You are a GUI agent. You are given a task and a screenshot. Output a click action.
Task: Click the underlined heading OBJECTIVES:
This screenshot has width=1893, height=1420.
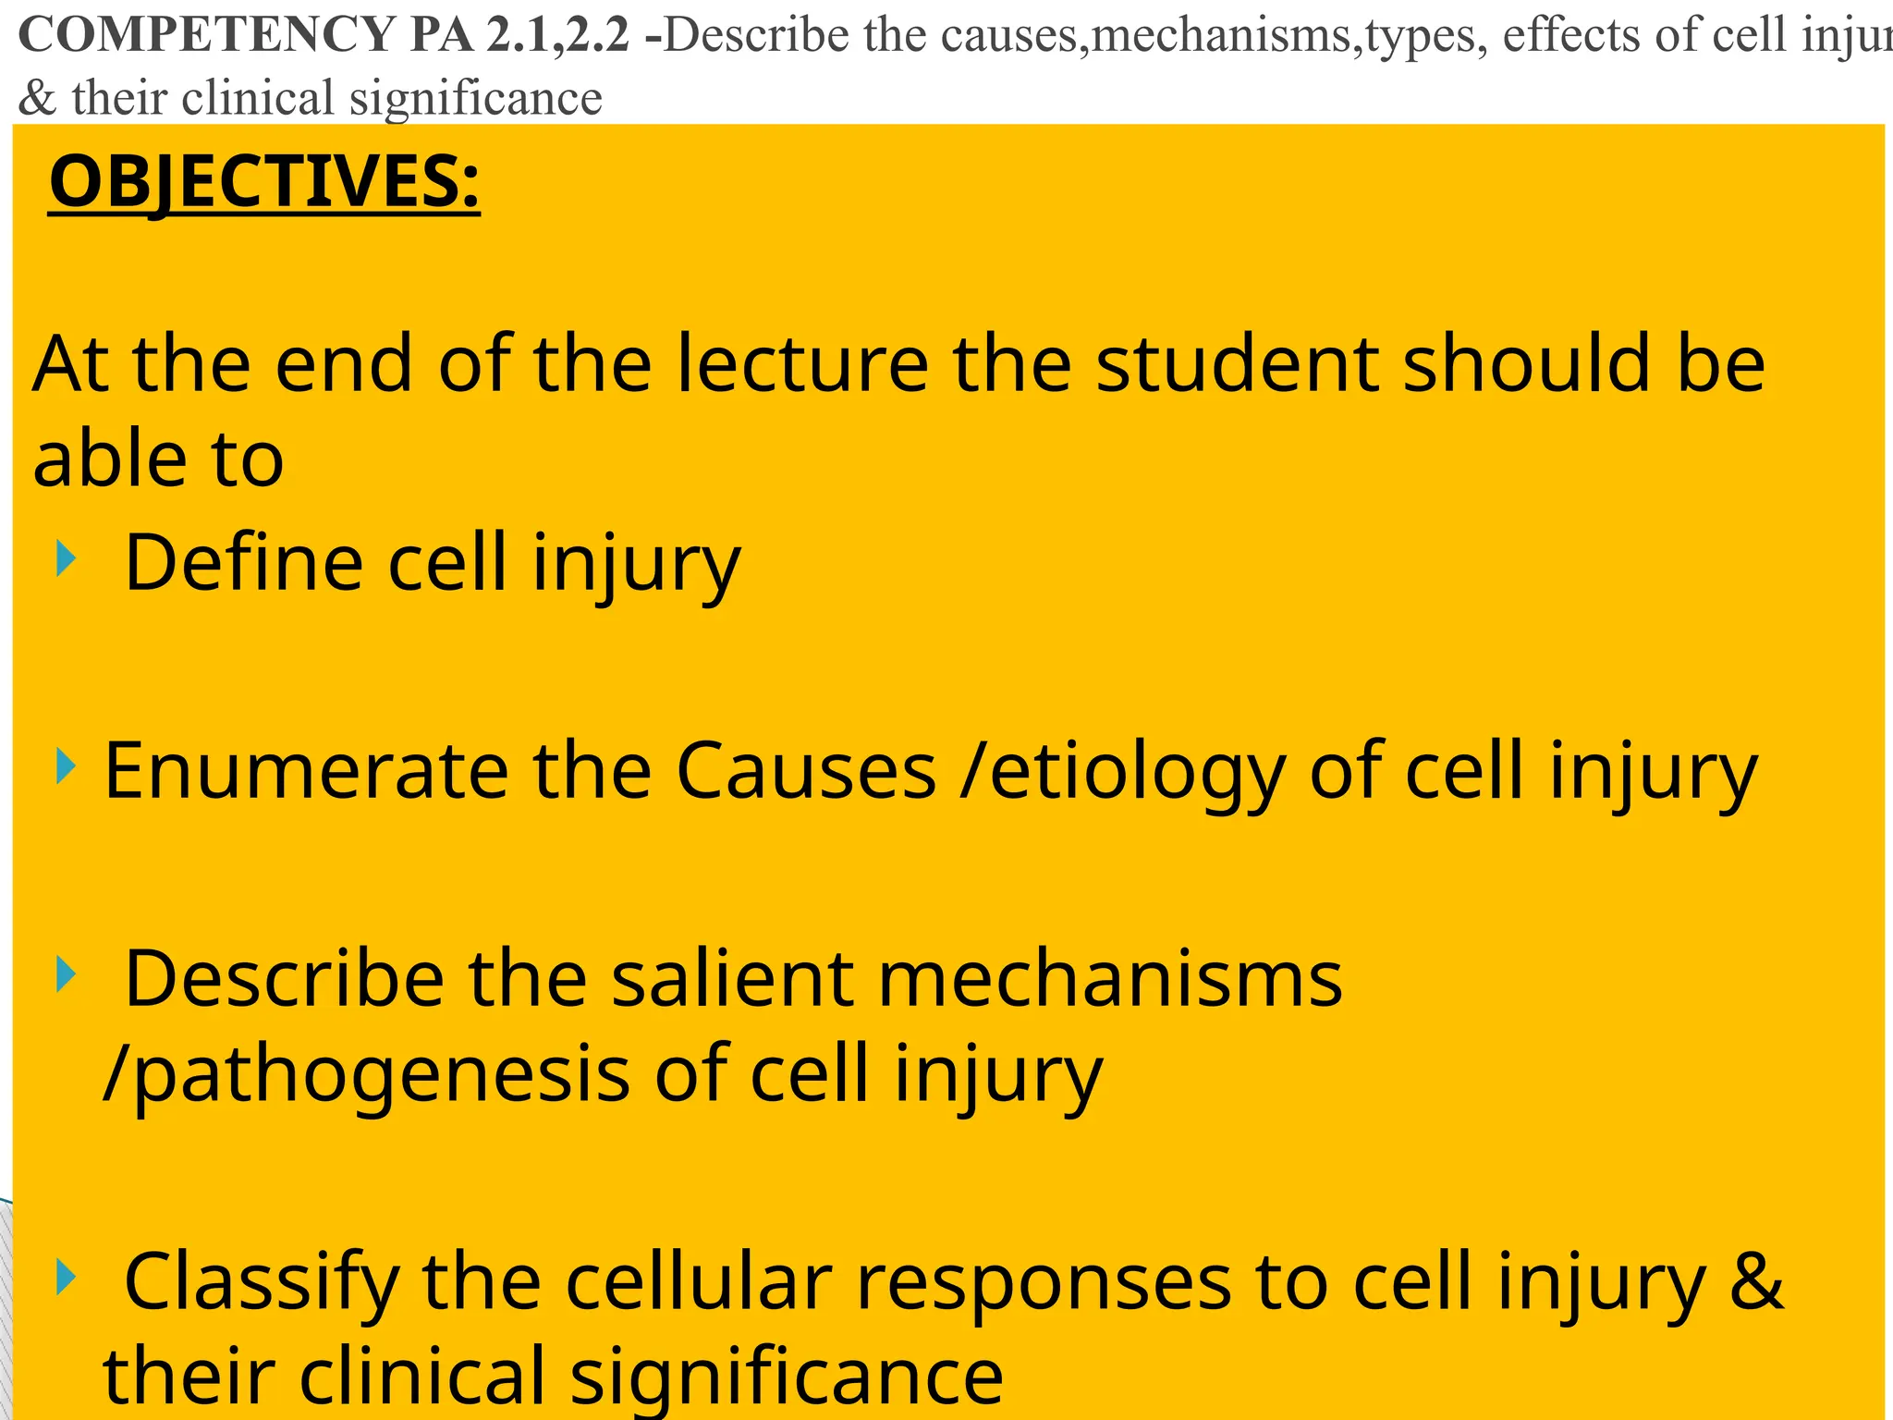(264, 182)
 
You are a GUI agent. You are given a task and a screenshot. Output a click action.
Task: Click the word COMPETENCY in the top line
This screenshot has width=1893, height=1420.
(208, 35)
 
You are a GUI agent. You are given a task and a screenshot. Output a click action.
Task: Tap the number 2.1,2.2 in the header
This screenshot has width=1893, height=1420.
(559, 35)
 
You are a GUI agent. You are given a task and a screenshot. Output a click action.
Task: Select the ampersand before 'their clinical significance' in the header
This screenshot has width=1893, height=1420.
(37, 98)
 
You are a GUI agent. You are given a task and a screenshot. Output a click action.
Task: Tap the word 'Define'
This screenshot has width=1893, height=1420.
(243, 563)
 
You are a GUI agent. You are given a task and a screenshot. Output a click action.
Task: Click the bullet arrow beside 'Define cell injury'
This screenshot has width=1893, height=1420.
(66, 558)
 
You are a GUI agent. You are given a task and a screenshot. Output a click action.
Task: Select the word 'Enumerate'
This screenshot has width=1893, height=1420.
(306, 771)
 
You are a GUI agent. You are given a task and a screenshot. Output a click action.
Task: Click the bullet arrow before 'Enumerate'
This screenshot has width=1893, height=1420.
(66, 765)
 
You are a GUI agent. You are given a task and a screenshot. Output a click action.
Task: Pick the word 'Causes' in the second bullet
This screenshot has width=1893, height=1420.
(806, 771)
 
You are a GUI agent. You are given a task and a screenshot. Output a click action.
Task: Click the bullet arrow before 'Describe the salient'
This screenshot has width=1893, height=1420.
(66, 974)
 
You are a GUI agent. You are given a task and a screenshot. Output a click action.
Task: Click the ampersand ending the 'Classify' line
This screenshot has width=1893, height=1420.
(1755, 1281)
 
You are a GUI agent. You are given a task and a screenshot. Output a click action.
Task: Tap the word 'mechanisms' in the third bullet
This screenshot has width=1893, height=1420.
(1110, 979)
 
